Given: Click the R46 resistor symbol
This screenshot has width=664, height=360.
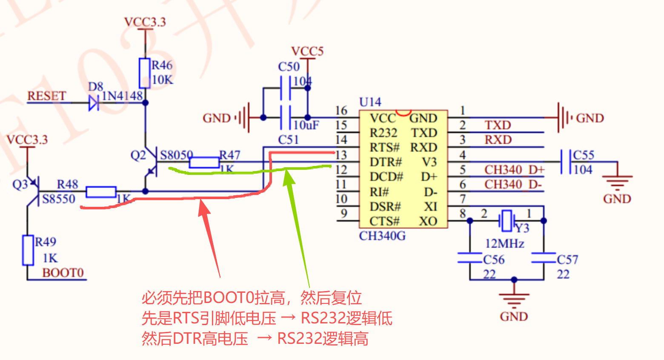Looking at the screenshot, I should pos(145,73).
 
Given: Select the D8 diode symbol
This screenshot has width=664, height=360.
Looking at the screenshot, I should pos(94,103).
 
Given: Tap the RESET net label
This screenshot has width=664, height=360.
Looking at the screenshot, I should pos(47,96).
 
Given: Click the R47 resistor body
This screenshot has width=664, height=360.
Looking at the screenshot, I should pos(204,162).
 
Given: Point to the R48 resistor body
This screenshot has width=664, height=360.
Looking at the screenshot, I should pos(101,192).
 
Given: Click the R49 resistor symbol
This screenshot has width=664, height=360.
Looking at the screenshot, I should pos(28,250).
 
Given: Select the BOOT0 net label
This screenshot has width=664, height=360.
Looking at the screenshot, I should pos(63,273).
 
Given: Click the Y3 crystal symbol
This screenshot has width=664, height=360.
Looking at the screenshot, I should pos(507,220).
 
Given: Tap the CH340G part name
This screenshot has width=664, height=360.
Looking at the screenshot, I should pos(382,236).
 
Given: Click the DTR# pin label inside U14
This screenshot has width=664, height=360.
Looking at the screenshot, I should pos(386,162).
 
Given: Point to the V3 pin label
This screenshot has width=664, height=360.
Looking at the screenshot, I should pos(429,162).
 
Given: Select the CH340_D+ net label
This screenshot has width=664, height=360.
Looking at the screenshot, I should pos(514,170).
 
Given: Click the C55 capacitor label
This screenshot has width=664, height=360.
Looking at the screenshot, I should pos(584,155).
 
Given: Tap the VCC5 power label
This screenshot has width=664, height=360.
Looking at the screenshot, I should pos(307,51).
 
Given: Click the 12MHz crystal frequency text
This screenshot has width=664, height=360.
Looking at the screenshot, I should pos(505,244).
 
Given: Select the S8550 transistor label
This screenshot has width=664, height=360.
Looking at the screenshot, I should pos(59,199).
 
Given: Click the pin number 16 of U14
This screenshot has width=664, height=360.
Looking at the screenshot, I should pos(341,111).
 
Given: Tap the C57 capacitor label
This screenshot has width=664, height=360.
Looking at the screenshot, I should pos(567,260).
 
